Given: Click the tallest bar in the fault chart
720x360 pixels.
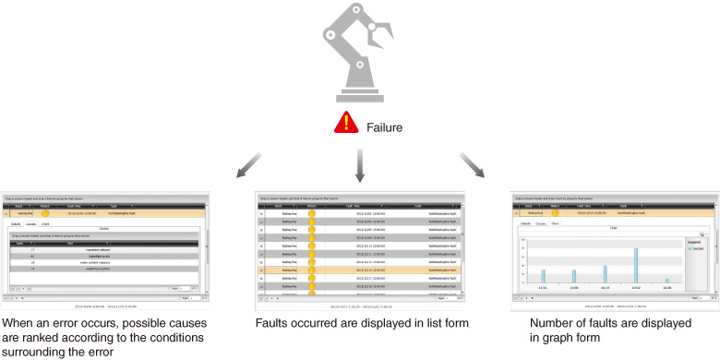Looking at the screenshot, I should (636, 264).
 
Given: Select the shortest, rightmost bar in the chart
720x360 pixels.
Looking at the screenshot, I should (666, 279).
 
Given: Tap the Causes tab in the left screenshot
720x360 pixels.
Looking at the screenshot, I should (30, 224).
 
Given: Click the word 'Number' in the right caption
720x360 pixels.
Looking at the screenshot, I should (553, 324).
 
